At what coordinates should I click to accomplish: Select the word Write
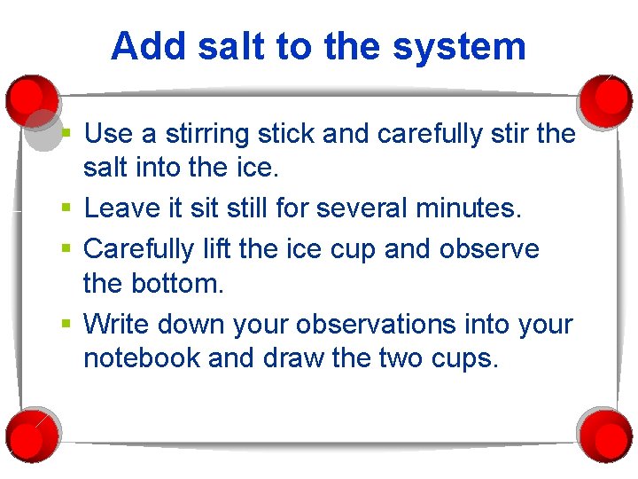tap(118, 325)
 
